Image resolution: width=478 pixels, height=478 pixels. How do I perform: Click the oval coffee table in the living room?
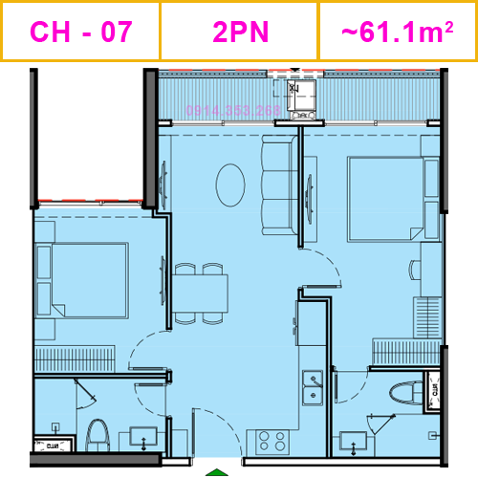click(230, 185)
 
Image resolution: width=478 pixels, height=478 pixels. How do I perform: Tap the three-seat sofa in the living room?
click(278, 184)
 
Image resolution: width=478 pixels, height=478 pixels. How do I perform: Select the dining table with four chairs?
click(201, 293)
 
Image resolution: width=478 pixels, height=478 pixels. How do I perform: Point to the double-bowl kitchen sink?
click(313, 386)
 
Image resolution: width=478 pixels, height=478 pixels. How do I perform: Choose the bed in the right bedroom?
click(385, 199)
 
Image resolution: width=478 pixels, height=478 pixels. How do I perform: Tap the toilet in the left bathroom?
click(97, 434)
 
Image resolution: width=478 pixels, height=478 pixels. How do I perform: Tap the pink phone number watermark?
click(233, 111)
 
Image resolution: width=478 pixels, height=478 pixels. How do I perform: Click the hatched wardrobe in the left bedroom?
click(75, 358)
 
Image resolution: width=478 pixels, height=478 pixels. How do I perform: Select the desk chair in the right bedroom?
click(413, 270)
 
